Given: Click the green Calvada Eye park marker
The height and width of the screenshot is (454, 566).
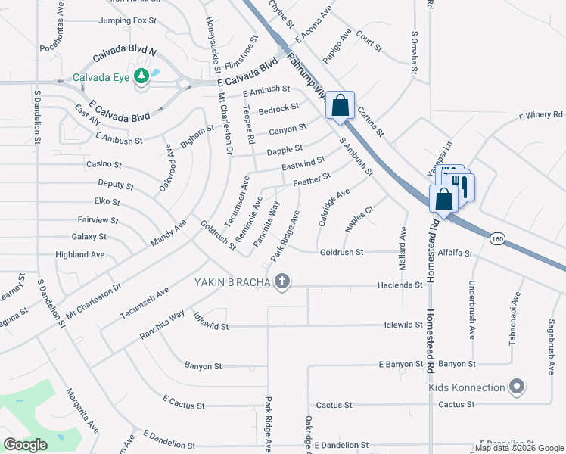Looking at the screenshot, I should click(x=141, y=76).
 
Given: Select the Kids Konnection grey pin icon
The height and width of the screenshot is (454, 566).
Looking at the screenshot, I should click(x=518, y=387).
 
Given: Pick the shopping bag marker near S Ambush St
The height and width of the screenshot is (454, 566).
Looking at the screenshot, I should click(x=341, y=105).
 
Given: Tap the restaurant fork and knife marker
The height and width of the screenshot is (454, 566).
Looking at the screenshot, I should click(x=462, y=185).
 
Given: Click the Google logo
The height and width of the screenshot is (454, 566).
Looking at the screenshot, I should click(x=25, y=445).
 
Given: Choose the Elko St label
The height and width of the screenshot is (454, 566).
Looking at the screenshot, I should click(x=107, y=202).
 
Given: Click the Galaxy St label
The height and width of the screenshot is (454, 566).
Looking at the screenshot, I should click(x=89, y=237).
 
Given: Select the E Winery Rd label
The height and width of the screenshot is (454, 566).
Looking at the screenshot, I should click(x=541, y=116).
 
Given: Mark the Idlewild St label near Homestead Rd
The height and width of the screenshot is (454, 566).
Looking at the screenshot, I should click(x=403, y=325).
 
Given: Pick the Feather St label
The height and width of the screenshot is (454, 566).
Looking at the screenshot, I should click(x=312, y=179).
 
